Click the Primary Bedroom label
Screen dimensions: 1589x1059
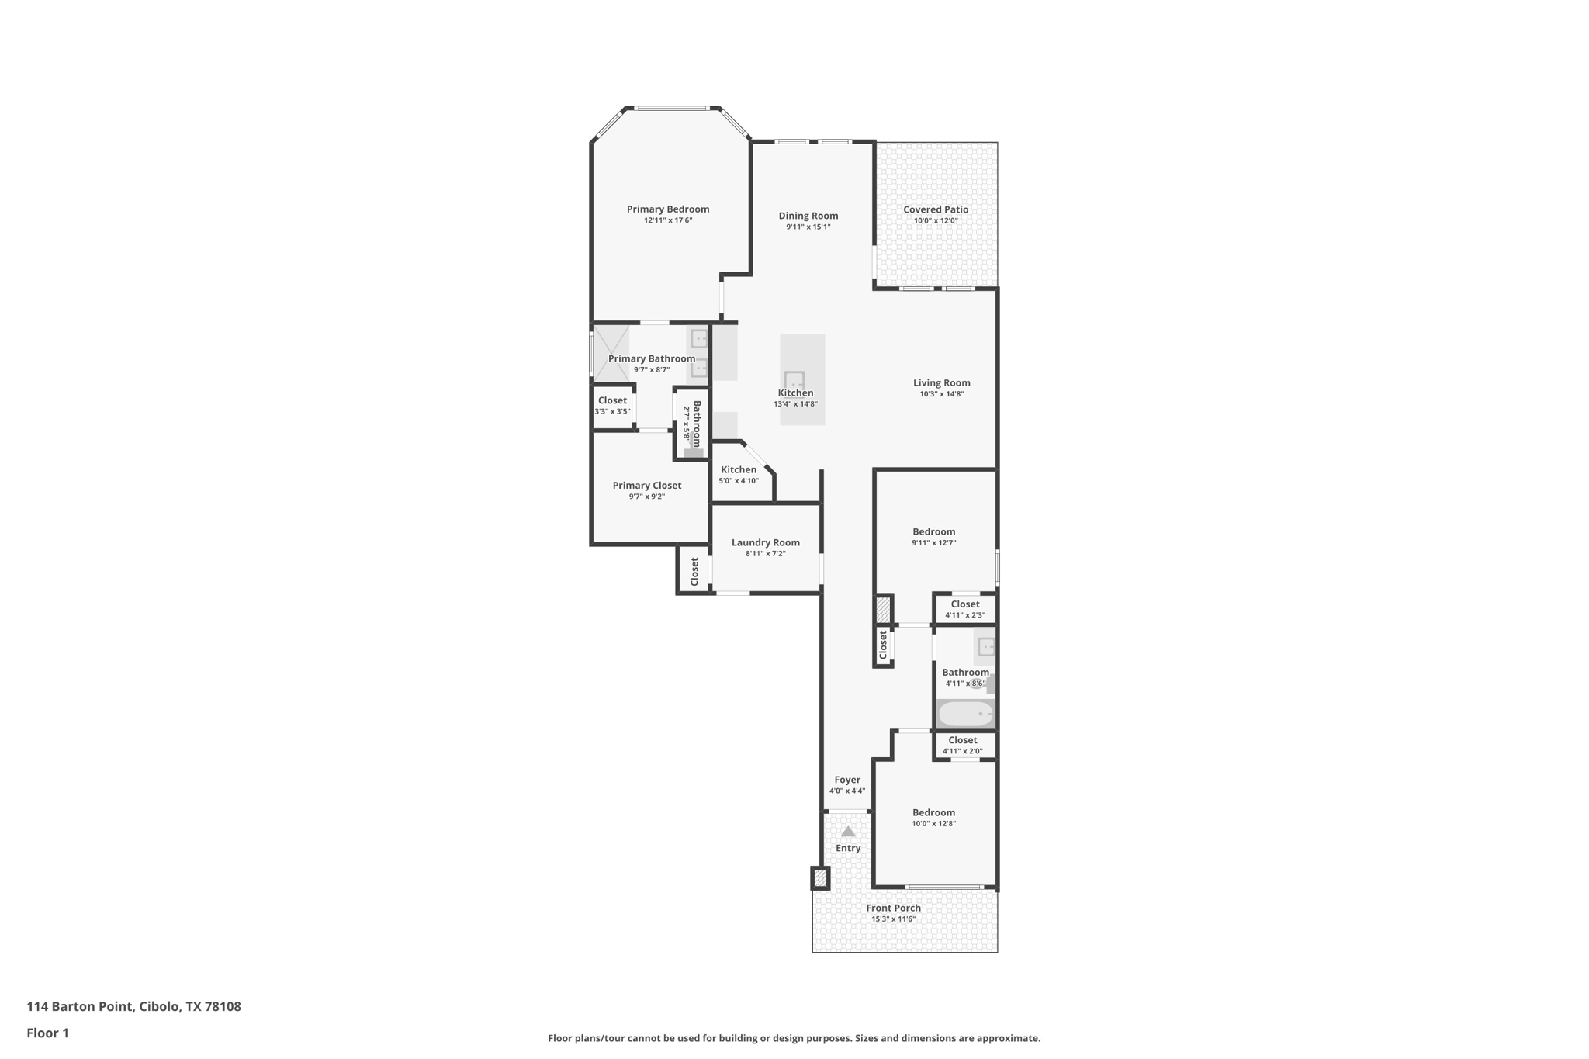[x=668, y=209]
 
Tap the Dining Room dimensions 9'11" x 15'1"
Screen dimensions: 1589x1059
[x=808, y=227]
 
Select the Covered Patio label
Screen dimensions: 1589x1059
[x=936, y=209]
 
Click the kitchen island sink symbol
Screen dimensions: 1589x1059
[x=794, y=380]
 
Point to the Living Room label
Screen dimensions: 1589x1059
[x=942, y=382]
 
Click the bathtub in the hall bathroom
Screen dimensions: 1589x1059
[x=966, y=714]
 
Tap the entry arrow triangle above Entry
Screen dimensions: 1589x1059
[x=848, y=832]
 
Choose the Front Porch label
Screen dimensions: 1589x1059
[x=894, y=908]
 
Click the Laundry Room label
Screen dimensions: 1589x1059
[x=766, y=542]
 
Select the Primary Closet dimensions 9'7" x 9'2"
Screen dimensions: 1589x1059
[x=647, y=497]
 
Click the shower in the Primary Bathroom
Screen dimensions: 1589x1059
[x=611, y=354]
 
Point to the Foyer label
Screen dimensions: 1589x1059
[x=847, y=780]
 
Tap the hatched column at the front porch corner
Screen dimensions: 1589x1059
[x=820, y=878]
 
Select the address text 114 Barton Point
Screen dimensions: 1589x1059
[x=81, y=1006]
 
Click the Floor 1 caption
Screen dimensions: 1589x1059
[x=48, y=1033]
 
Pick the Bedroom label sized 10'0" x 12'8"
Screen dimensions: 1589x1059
[x=934, y=812]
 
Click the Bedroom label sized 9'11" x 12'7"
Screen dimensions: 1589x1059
[x=934, y=531]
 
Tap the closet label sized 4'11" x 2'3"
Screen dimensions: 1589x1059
[x=965, y=604]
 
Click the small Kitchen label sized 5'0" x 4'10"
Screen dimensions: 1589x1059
[x=739, y=469]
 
